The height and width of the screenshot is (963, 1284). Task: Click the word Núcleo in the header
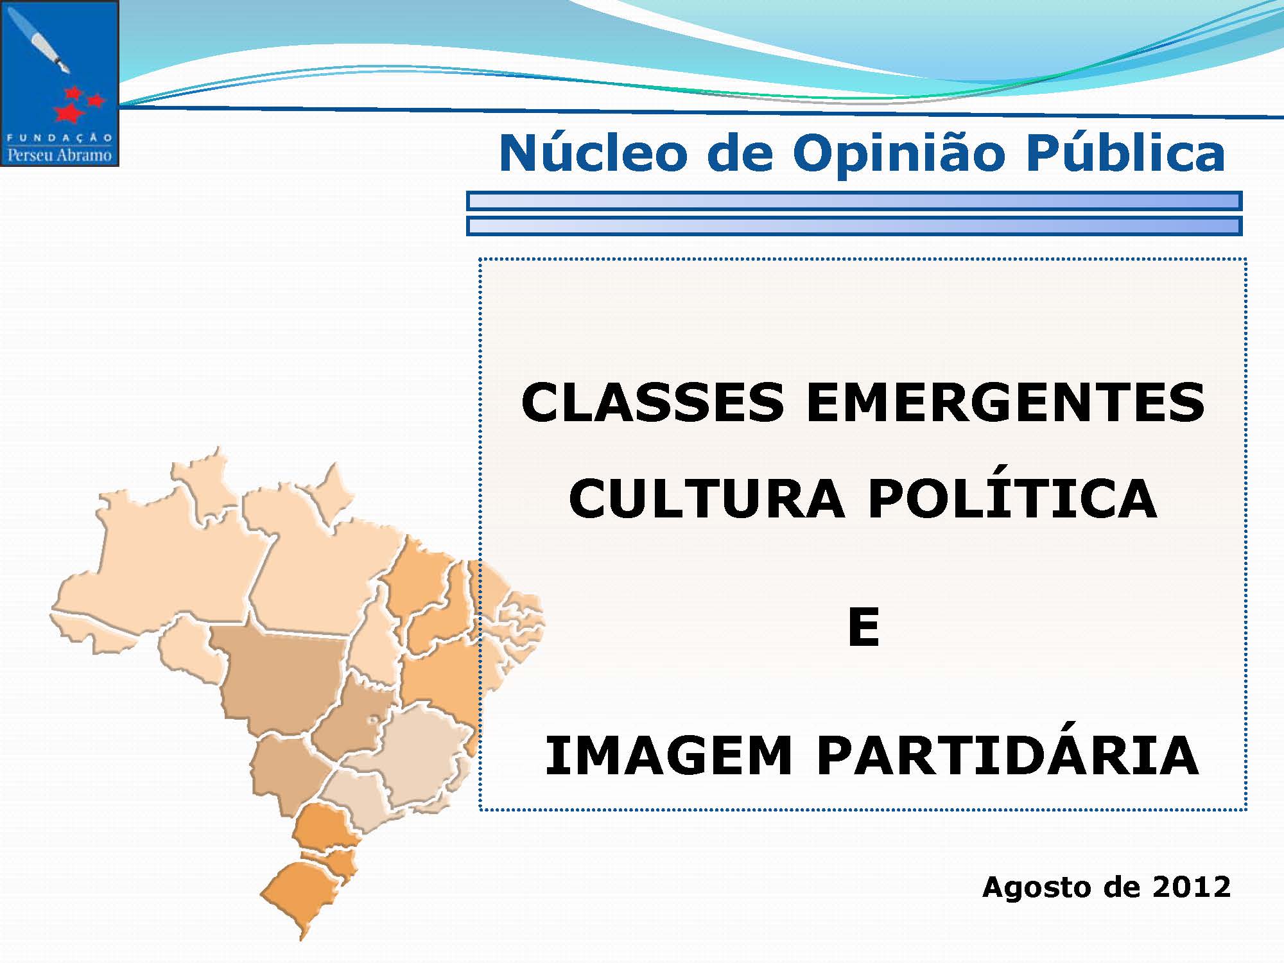[594, 153]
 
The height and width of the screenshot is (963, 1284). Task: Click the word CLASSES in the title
[652, 403]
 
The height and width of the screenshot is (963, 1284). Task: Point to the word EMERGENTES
[1005, 403]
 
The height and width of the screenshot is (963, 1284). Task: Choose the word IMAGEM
[668, 756]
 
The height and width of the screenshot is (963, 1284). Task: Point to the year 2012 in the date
[1192, 887]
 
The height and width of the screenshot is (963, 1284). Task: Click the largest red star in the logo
[69, 113]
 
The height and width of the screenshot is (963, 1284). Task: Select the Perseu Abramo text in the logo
[60, 155]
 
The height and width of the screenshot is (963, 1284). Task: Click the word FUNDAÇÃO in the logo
[60, 137]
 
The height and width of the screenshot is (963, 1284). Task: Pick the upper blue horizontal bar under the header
[855, 201]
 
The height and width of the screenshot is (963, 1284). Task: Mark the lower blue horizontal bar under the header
[855, 225]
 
